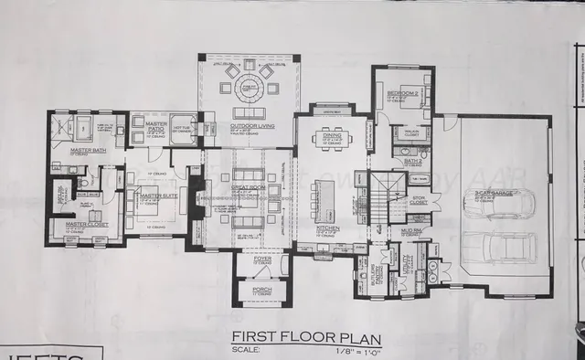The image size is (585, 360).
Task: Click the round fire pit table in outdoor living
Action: coord(248,90)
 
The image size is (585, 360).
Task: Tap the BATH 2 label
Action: coord(411,158)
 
